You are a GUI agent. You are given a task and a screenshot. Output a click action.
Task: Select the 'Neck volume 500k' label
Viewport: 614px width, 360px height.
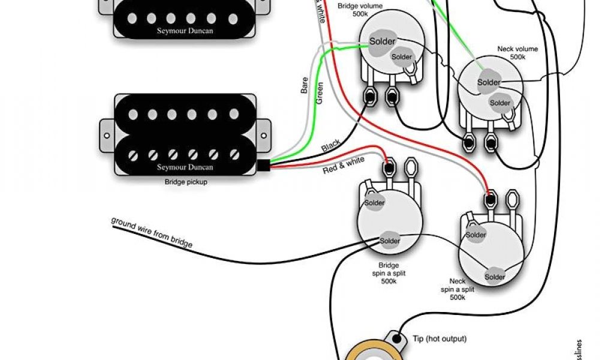pos(517,52)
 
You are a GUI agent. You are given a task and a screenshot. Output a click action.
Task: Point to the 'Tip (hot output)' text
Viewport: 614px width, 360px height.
pos(439,339)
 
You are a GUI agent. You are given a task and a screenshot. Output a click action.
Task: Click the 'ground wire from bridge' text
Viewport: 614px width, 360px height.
pos(152,232)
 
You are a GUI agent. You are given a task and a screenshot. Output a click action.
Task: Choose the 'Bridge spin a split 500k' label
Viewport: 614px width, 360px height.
pos(389,274)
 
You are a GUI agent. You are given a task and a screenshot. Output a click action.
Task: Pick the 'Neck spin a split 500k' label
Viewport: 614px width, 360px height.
pos(458,289)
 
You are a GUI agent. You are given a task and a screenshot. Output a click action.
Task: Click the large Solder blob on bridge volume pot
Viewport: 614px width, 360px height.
pos(381,42)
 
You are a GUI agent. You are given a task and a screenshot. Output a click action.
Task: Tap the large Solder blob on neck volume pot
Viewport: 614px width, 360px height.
pos(489,82)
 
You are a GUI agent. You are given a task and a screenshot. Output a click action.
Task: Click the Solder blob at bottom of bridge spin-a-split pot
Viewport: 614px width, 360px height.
pos(389,241)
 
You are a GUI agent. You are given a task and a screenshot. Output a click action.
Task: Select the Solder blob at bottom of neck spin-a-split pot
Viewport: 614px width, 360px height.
pos(495,277)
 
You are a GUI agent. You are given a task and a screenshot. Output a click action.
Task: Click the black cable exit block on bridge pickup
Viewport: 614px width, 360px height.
pos(264,167)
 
